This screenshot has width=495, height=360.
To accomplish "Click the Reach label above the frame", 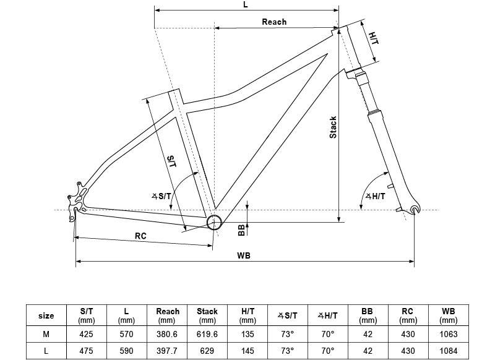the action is click(x=274, y=22).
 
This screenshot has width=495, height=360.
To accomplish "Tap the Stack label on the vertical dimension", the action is click(x=333, y=127).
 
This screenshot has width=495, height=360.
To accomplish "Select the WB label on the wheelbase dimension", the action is click(x=244, y=255).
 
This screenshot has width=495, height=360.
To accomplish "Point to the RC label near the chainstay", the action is click(x=140, y=236).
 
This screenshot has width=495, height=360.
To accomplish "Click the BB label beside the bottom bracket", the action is click(x=241, y=230).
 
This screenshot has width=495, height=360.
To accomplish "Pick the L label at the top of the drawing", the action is click(x=246, y=5).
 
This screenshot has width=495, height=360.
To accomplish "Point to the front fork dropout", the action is click(x=415, y=210).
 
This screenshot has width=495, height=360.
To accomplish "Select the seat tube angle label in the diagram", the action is click(x=161, y=196).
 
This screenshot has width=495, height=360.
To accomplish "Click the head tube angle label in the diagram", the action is click(x=376, y=196).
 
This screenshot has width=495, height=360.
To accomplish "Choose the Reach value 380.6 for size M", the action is click(x=167, y=334).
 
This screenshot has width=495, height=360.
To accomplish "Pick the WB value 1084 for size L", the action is click(x=448, y=351).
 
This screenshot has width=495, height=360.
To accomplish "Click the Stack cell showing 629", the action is click(x=207, y=351).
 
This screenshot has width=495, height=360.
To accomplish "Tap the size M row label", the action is click(x=46, y=334).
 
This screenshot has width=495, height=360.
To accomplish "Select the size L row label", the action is click(x=46, y=351).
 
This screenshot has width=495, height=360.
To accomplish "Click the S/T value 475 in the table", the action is click(x=86, y=351).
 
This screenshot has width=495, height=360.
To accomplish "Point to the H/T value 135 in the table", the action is click(x=247, y=334).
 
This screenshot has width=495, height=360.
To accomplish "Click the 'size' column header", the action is click(x=46, y=315).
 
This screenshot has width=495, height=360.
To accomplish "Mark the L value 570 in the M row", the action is click(x=126, y=334).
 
